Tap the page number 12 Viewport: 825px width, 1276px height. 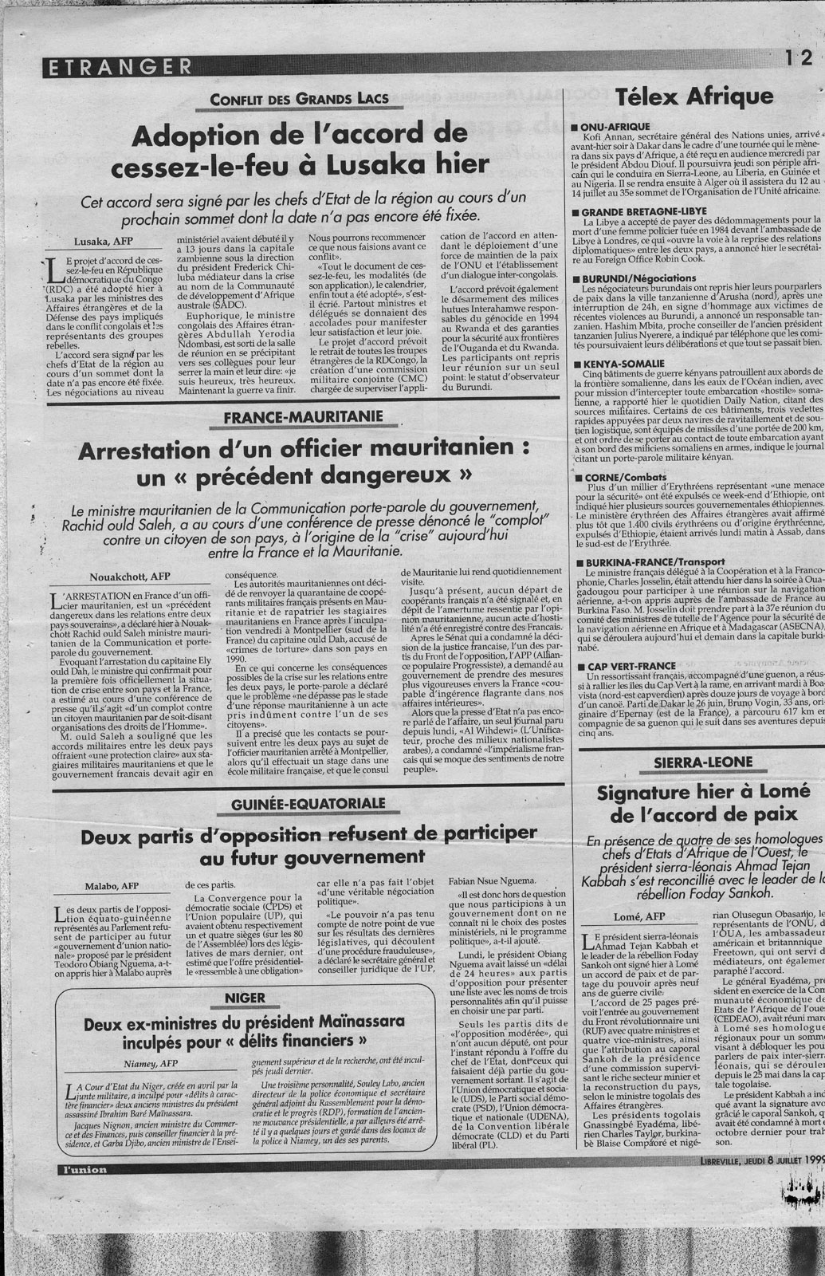click(797, 58)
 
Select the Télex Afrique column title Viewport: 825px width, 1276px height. click(694, 97)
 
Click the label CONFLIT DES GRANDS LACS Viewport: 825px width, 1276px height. click(299, 99)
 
